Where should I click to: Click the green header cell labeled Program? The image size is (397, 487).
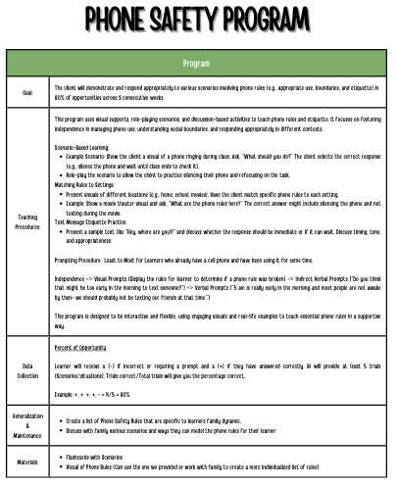[x=198, y=64]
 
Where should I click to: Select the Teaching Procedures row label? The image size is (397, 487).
[x=26, y=223]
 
